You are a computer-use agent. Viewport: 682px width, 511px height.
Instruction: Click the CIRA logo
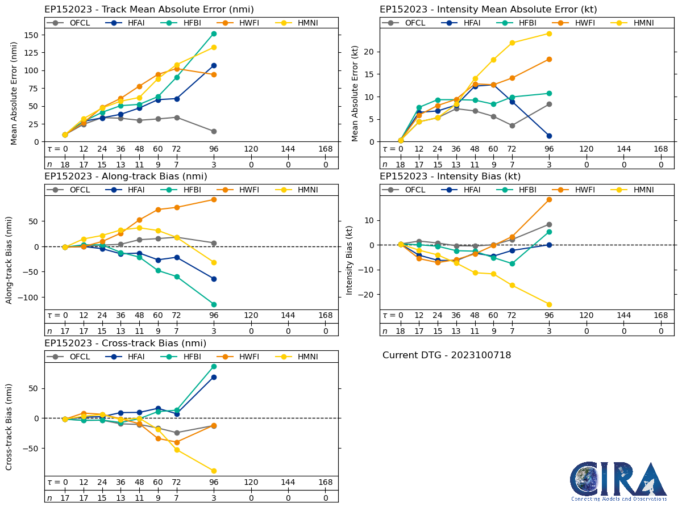coord(618,481)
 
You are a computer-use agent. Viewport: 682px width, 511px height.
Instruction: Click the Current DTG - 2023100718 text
coord(447,355)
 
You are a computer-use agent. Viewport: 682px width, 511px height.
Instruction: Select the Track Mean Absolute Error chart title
coord(149,9)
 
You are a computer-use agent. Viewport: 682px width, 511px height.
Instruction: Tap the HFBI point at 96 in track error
coord(214,33)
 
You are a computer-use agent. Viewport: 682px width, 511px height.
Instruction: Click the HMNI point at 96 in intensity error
coord(549,33)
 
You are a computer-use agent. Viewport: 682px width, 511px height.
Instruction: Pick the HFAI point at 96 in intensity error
coord(549,136)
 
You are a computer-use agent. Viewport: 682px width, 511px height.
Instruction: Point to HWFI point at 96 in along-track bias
coord(214,199)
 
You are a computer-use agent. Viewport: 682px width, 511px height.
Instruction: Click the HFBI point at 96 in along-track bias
coord(214,304)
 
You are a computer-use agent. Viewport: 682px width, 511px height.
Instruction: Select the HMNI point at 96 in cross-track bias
coord(214,471)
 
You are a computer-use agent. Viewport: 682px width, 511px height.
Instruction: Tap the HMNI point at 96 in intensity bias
coord(549,304)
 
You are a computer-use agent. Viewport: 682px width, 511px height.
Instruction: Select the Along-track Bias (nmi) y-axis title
coord(10,259)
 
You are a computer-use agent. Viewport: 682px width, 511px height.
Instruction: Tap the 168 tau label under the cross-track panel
coord(326,483)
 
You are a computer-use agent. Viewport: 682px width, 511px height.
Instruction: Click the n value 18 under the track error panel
coord(65,164)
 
